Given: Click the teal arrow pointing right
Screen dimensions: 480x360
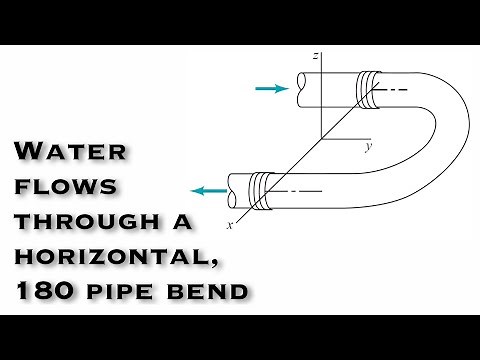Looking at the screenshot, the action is click(x=271, y=89).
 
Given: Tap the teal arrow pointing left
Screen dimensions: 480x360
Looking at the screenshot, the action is click(x=208, y=190).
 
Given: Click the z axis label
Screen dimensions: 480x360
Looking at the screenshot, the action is click(x=315, y=57).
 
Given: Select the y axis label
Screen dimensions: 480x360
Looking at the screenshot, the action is click(x=368, y=147).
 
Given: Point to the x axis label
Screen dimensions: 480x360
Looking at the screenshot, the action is click(x=231, y=224).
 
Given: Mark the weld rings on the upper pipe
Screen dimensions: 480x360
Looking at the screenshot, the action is click(x=369, y=87).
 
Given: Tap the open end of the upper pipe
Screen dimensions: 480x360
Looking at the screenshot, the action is click(x=294, y=88).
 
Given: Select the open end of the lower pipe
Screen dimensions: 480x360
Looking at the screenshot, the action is click(x=231, y=186).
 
